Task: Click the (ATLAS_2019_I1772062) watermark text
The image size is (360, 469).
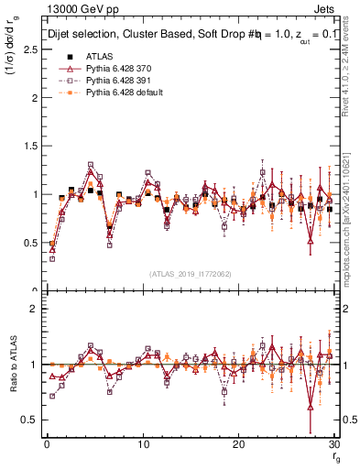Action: pos(190,273)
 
